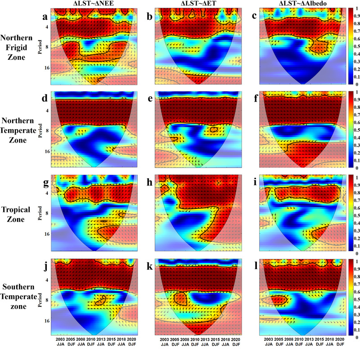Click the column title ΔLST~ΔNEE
pyautogui.click(x=93, y=4)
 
